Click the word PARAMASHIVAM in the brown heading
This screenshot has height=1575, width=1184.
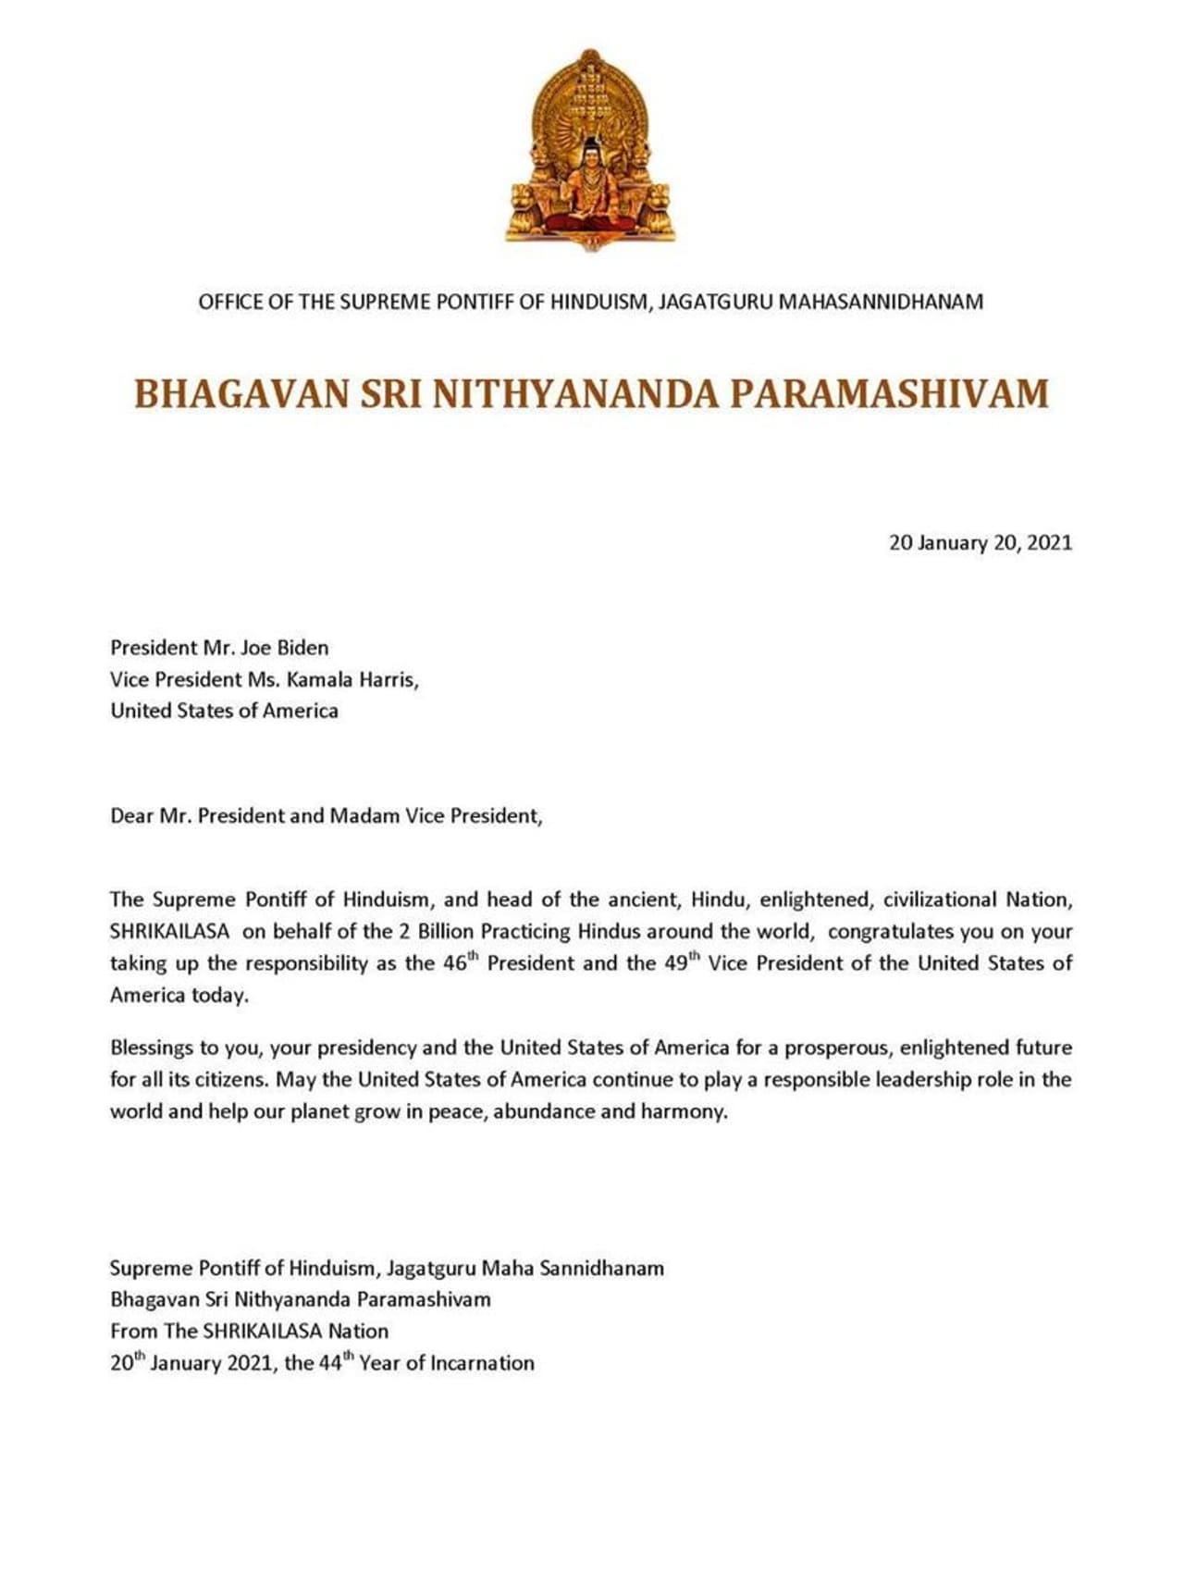point(889,393)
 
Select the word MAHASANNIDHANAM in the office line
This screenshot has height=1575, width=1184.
point(881,302)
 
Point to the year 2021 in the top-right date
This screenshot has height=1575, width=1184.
point(1049,543)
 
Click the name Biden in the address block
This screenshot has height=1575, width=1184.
point(302,648)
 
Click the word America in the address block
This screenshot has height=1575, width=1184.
point(300,711)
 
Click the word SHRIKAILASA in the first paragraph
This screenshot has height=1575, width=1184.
point(169,932)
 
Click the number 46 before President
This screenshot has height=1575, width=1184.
point(453,963)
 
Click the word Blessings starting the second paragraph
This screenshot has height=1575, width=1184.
point(153,1048)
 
